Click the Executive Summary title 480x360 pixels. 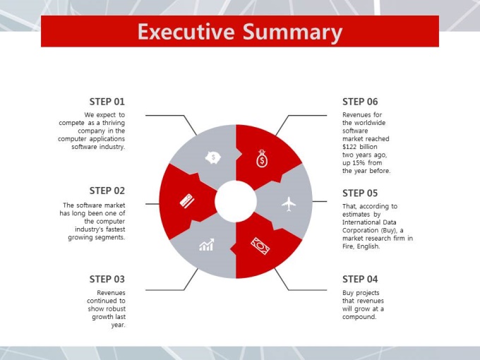(x=240, y=32)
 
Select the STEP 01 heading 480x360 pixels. (x=107, y=102)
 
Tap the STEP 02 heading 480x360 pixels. (x=107, y=191)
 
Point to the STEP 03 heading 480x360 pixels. (x=107, y=280)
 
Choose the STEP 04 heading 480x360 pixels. (x=360, y=280)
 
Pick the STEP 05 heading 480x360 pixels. (x=360, y=193)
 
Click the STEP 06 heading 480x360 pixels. (x=360, y=102)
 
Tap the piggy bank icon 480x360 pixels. (x=213, y=157)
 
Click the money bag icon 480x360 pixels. (x=262, y=159)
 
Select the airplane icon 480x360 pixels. (x=289, y=204)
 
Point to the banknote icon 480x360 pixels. (x=260, y=246)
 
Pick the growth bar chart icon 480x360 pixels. (x=207, y=245)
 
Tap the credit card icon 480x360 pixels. (x=187, y=200)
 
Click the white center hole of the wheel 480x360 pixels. (x=236, y=201)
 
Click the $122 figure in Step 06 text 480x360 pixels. (x=349, y=147)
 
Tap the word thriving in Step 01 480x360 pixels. (x=114, y=123)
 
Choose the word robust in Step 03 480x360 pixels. (x=115, y=309)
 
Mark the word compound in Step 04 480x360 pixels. (x=359, y=317)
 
